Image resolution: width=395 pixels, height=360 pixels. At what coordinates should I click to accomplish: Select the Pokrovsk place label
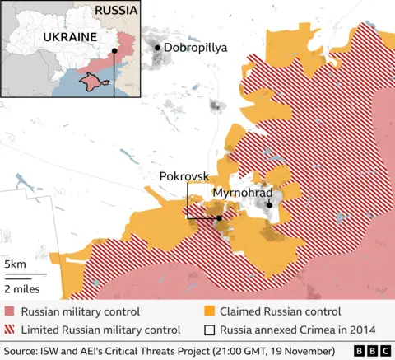click(183, 176)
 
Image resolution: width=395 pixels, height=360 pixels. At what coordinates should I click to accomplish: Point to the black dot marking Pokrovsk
click(219, 217)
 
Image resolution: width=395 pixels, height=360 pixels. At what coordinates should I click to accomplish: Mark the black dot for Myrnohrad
click(269, 205)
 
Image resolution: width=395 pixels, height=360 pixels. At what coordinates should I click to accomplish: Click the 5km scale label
click(15, 264)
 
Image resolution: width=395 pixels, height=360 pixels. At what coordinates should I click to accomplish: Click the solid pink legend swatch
click(9, 311)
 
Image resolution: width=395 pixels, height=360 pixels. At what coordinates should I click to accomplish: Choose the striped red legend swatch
click(9, 330)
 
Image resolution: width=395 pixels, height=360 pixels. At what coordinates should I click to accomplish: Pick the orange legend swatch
click(210, 311)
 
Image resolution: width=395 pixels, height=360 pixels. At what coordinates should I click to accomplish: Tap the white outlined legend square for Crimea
click(210, 330)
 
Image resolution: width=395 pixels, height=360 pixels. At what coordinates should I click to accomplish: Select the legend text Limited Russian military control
click(100, 330)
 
